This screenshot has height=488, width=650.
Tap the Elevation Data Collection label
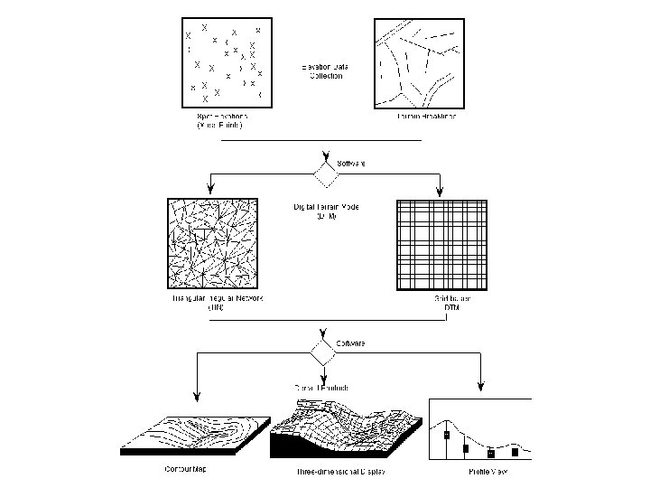coord(321,72)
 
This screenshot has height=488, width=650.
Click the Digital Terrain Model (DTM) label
coord(326,212)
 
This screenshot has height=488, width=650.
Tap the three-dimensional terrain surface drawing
coord(346,427)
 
